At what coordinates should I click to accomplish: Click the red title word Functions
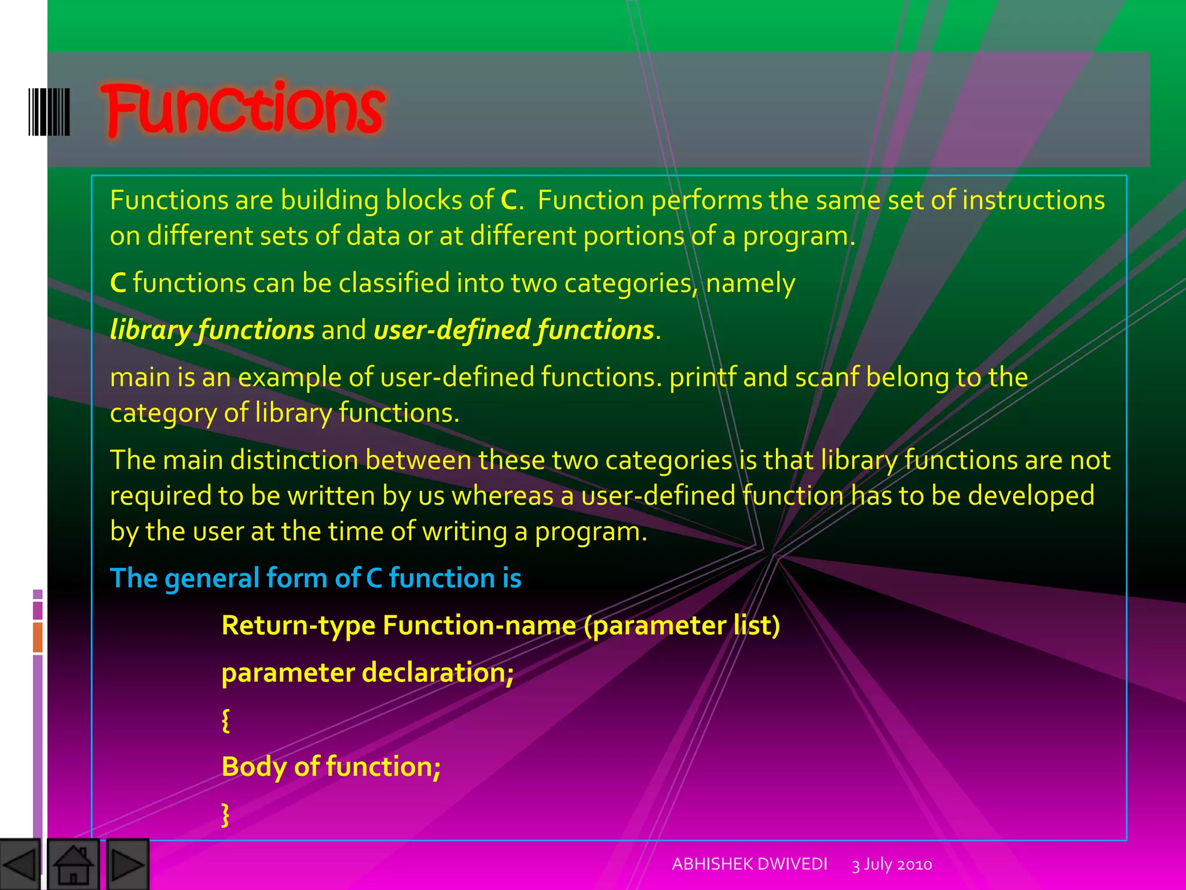tap(243, 109)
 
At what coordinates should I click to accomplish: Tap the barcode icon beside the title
tap(49, 112)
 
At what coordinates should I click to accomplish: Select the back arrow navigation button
tap(20, 865)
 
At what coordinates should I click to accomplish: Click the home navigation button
tap(73, 865)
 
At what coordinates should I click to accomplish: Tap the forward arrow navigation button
tap(127, 865)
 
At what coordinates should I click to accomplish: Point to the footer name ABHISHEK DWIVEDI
tap(749, 864)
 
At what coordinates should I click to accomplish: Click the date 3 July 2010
tap(892, 865)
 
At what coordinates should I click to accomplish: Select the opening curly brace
tap(226, 720)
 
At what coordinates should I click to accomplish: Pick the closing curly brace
tap(226, 814)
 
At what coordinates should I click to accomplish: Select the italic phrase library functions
tap(212, 330)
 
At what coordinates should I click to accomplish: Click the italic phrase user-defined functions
tap(514, 330)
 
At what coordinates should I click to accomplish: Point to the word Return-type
tap(298, 626)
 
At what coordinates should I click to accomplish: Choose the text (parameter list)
tap(682, 626)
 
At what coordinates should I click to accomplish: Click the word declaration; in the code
tap(438, 673)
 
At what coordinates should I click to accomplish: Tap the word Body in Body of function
tap(254, 767)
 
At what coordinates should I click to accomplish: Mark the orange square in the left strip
tap(38, 637)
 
